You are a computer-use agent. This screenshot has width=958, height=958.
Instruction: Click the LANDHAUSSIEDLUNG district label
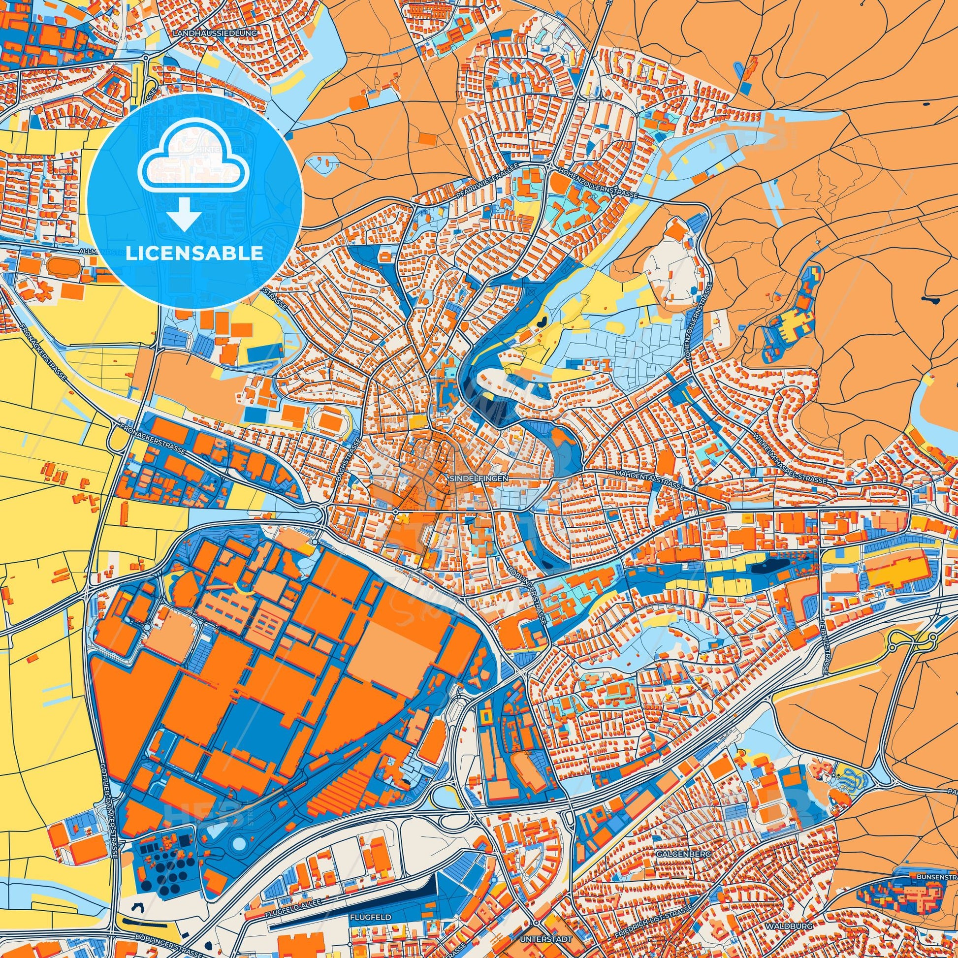pos(222,32)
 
